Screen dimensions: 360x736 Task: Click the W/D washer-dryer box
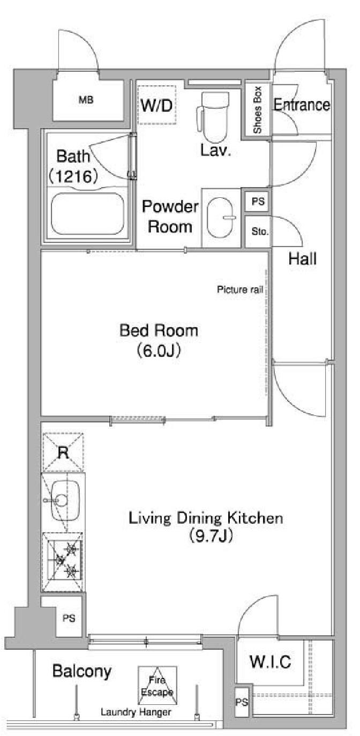click(156, 105)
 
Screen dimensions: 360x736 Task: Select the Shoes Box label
click(258, 110)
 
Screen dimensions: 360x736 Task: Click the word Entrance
click(302, 105)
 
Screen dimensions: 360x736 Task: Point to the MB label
click(86, 100)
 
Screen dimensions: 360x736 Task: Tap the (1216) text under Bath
click(73, 177)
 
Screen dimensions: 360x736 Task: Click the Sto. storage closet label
click(260, 232)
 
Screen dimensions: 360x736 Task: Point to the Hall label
click(303, 259)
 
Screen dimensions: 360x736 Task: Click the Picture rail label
click(240, 289)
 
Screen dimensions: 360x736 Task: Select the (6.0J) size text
click(159, 351)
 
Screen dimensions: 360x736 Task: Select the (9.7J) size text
click(211, 535)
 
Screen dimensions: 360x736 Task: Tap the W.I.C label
click(271, 661)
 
